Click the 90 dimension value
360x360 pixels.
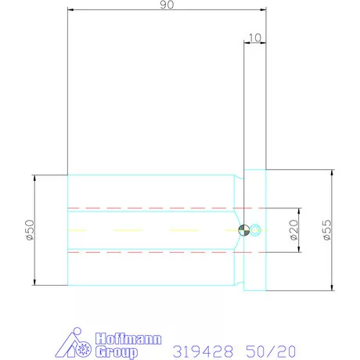coord(167,5)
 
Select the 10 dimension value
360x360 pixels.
coord(255,38)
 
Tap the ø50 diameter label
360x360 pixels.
coord(30,230)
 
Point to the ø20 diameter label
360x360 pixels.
coord(293,230)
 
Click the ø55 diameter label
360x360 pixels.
coord(327,230)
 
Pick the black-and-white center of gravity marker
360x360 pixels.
coord(244,230)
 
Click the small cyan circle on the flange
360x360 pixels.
coord(255,230)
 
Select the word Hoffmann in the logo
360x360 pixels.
coord(128,339)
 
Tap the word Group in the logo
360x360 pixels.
coord(116,352)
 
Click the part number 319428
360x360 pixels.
coord(203,351)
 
